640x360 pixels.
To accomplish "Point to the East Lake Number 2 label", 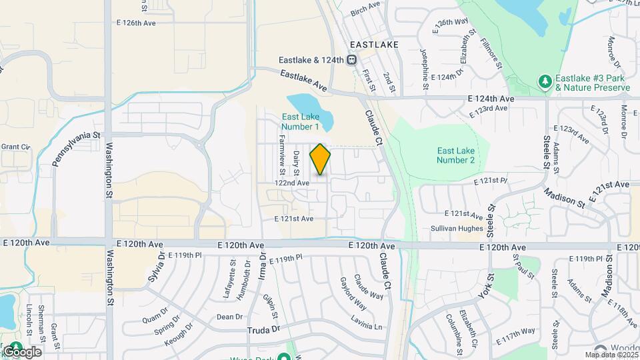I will (x=455, y=155).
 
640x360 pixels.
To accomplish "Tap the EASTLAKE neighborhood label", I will (x=374, y=45).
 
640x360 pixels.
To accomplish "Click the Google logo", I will (x=21, y=351).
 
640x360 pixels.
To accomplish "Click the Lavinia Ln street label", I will (x=369, y=327).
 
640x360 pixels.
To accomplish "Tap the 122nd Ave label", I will (x=292, y=182).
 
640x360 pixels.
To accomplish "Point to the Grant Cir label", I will (x=16, y=147).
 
